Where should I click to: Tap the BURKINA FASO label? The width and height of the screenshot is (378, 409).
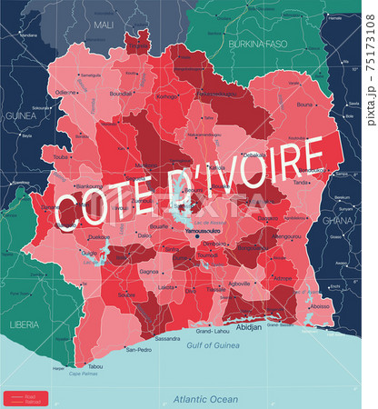[x=256, y=42]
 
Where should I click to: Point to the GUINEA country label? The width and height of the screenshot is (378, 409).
[x=20, y=142]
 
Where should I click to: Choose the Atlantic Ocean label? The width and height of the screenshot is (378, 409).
[x=206, y=398]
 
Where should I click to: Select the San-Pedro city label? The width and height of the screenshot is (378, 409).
[x=138, y=349]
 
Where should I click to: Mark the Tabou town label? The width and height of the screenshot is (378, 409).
[x=95, y=366]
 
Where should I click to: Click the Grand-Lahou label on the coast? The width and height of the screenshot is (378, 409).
[x=223, y=332]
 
